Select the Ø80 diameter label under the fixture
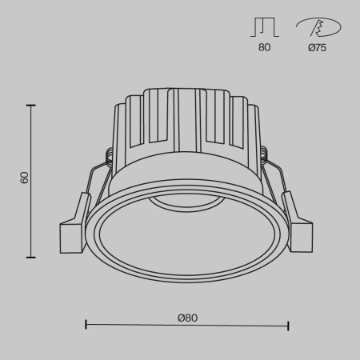click(x=187, y=318)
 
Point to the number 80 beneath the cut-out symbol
click(x=265, y=47)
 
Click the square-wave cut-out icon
click(x=265, y=28)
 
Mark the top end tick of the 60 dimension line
click(x=32, y=104)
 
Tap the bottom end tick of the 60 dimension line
click(x=32, y=257)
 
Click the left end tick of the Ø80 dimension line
click(x=86, y=326)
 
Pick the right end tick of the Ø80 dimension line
click(x=288, y=326)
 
